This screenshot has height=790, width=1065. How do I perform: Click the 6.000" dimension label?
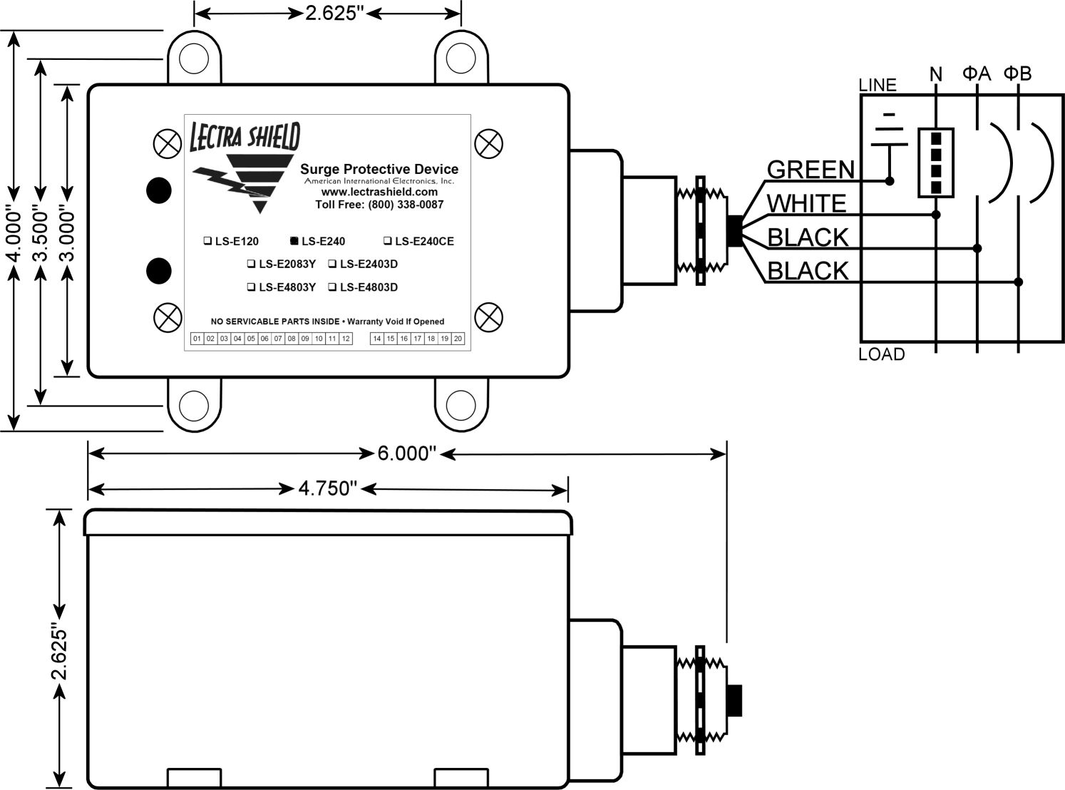coord(406,453)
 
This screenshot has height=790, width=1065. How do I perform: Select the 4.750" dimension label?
coord(327,488)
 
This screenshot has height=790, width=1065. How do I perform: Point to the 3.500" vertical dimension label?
coord(41,233)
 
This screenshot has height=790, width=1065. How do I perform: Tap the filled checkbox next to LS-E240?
coord(294,240)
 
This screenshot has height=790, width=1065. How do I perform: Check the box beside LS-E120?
coord(207,240)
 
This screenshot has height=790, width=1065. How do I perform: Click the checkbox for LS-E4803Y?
coord(251,287)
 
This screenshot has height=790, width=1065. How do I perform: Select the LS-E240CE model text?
coord(424,241)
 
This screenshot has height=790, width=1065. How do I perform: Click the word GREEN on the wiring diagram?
coord(811,170)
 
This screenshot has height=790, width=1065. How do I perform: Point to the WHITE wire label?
coord(807,203)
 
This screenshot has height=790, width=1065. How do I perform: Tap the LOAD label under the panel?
coord(882,354)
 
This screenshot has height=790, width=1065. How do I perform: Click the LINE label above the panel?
coord(878,85)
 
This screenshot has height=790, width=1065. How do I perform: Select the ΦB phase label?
coord(1017,73)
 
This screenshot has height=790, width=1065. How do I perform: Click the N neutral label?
coord(936,74)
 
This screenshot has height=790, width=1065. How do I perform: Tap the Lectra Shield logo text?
coord(245,136)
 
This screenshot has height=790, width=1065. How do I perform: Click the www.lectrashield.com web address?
coord(379,192)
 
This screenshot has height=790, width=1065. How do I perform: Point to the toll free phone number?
coord(379,205)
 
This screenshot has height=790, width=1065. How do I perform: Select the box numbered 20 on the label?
coord(458,339)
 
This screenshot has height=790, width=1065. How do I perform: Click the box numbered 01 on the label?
coord(197,339)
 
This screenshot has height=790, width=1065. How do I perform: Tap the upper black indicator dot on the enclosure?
coord(159,190)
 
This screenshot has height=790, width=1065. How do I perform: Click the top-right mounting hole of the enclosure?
coord(461,58)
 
